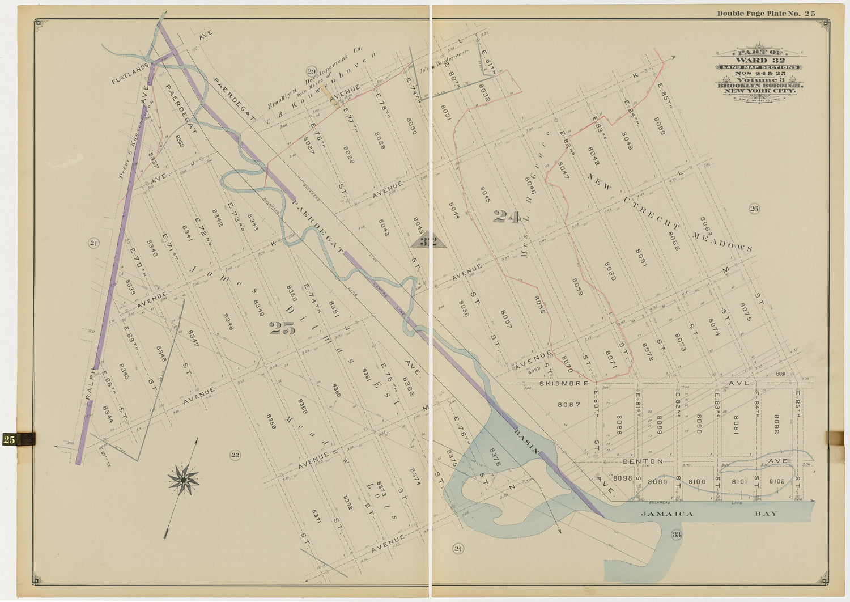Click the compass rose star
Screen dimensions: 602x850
(x=183, y=480)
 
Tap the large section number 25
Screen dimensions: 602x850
(x=282, y=328)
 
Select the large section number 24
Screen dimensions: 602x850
(x=506, y=217)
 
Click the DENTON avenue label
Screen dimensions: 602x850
(x=643, y=461)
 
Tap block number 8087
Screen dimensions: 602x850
(x=569, y=405)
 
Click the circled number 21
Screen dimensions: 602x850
(x=93, y=244)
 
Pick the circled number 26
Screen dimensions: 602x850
(x=754, y=209)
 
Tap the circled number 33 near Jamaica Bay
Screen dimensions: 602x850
(x=676, y=535)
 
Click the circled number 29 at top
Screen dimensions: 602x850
(x=311, y=71)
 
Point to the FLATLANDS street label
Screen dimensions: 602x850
(x=130, y=74)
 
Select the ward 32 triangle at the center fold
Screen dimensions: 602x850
(x=428, y=241)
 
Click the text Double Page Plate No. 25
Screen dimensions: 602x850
(x=766, y=14)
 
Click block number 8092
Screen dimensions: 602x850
(x=776, y=424)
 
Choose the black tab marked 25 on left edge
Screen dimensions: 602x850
(x=18, y=439)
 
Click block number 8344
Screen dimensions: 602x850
(x=108, y=414)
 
